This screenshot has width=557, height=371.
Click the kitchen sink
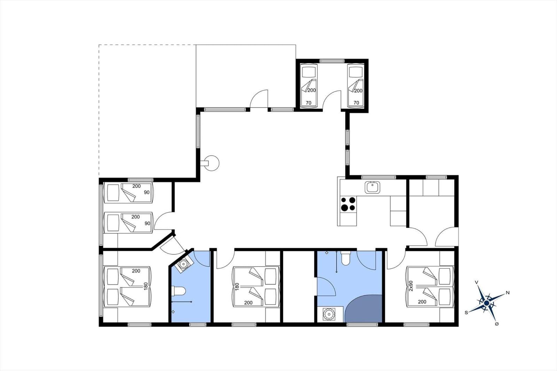tap(372, 187)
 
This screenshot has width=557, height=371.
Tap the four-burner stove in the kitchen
tap(348, 204)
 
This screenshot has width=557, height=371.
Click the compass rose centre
tap(487, 303)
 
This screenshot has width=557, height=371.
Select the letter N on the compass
tap(508, 293)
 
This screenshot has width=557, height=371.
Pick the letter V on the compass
tap(477, 282)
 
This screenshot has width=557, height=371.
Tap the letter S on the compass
tap(466, 313)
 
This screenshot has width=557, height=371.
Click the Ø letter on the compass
tap(497, 324)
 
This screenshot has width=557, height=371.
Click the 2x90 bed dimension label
tap(411, 286)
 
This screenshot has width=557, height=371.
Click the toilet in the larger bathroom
tap(346, 258)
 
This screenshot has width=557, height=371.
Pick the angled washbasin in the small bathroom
tap(184, 263)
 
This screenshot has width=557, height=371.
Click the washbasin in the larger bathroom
tap(329, 314)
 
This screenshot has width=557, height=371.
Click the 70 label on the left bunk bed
tap(308, 103)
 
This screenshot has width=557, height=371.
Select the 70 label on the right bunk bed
tap(356, 103)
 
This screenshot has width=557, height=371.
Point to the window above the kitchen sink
tap(378, 177)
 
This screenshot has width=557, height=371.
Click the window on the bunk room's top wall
tap(332, 61)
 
